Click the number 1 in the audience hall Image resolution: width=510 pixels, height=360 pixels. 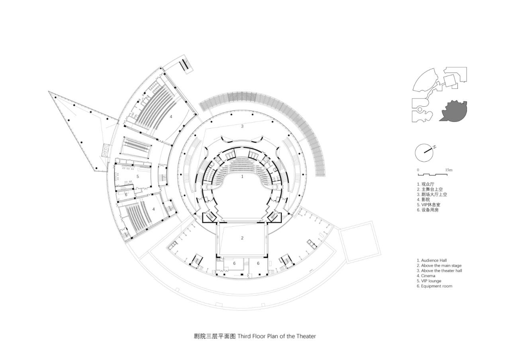click(x=242, y=176)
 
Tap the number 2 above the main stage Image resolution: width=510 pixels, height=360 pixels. click(x=242, y=238)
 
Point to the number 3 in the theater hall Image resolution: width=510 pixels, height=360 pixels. click(x=242, y=127)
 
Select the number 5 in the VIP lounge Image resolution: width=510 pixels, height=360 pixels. click(x=137, y=176)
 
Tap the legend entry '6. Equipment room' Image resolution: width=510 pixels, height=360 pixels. click(x=434, y=286)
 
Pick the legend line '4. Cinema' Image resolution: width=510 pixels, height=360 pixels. click(x=426, y=276)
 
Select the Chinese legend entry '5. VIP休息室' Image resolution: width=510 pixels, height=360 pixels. click(x=429, y=205)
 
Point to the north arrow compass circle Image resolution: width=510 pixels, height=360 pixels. click(x=423, y=152)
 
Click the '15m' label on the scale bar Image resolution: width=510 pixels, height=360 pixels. click(x=449, y=170)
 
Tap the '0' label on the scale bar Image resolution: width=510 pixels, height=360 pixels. click(x=418, y=170)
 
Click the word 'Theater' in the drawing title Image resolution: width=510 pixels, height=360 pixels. click(x=306, y=336)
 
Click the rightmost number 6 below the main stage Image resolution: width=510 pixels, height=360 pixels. click(x=258, y=263)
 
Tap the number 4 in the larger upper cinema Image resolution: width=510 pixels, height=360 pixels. click(x=171, y=117)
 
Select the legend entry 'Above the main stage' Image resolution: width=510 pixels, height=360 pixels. click(x=439, y=266)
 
